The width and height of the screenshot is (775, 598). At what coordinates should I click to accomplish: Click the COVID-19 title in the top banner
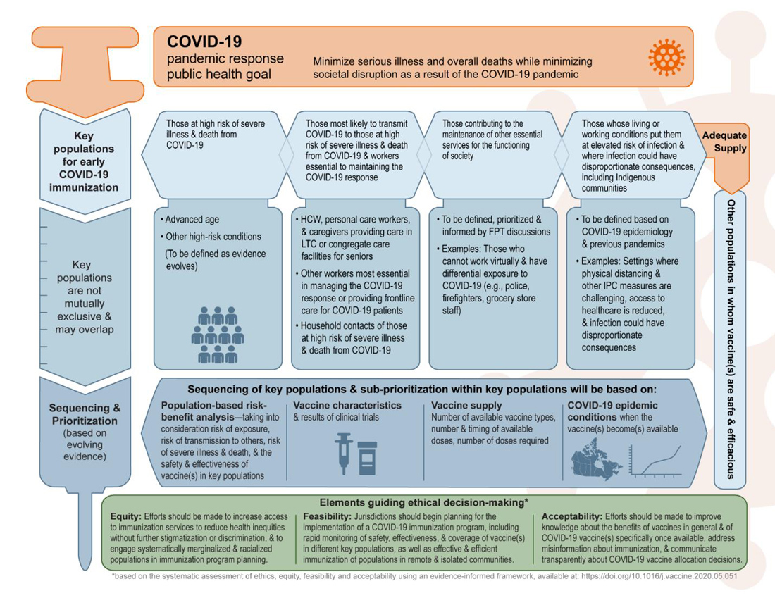coord(204,42)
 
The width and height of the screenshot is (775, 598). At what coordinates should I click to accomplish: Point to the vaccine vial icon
coord(368,454)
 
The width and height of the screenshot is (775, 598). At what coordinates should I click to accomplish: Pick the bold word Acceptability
coord(571,517)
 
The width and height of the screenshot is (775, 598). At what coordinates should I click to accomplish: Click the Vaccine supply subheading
coord(466,406)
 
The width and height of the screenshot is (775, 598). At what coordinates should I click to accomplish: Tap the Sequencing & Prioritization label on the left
coord(85,414)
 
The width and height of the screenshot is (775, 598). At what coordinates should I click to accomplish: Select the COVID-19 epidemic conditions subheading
coord(612,411)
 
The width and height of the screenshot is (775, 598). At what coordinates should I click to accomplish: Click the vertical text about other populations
coord(731,338)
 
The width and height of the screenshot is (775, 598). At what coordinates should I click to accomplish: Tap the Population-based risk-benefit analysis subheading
coord(213,411)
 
